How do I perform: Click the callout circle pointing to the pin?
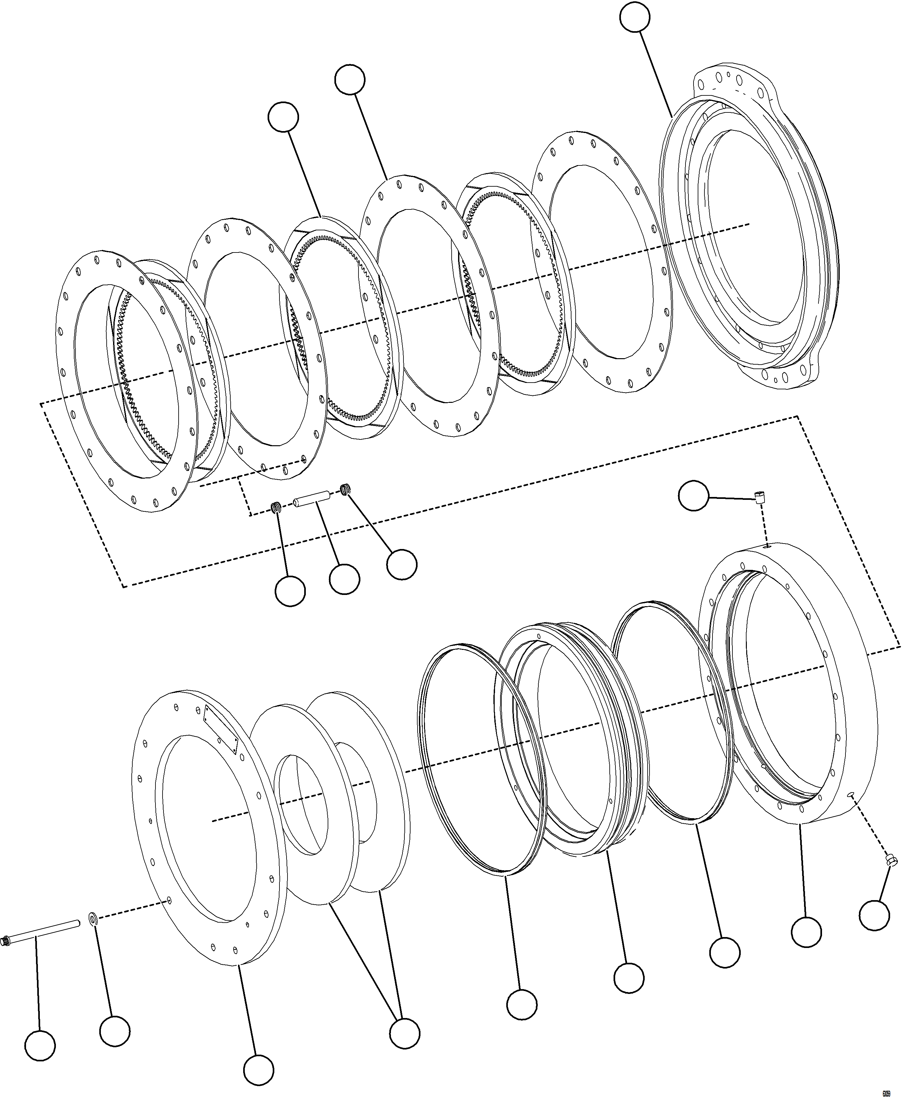click(344, 578)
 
